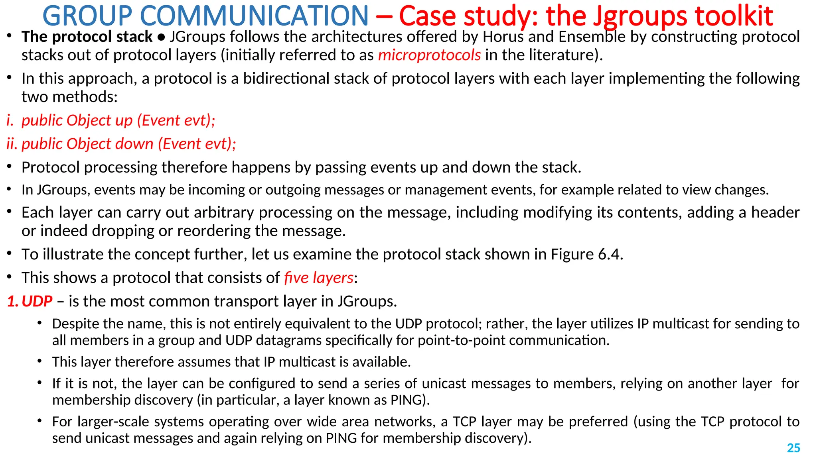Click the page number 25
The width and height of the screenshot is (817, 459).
click(793, 448)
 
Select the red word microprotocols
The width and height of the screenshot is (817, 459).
click(429, 55)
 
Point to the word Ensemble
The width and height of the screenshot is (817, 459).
click(592, 37)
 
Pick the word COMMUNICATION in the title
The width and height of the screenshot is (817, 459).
click(255, 16)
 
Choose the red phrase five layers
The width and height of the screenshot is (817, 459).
click(319, 278)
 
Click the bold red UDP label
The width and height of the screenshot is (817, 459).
click(37, 301)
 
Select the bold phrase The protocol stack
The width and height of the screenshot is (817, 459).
click(87, 37)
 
